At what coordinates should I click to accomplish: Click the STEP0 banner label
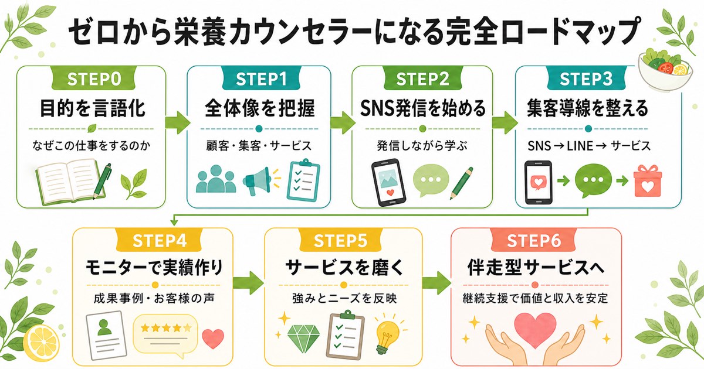94,78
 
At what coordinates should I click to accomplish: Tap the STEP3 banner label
586,78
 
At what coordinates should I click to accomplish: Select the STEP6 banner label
534,241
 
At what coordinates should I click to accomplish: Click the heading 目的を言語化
93,108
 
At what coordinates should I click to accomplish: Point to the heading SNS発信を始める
423,108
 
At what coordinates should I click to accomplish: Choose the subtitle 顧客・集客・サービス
259,146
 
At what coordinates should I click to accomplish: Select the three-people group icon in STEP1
216,179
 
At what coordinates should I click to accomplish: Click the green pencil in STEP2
461,183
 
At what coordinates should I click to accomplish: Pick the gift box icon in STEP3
648,181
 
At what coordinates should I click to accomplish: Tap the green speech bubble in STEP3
593,180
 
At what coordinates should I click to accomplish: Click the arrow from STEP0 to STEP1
177,122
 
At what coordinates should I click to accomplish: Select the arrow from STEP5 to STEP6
435,283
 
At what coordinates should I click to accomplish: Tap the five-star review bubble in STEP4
165,335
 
